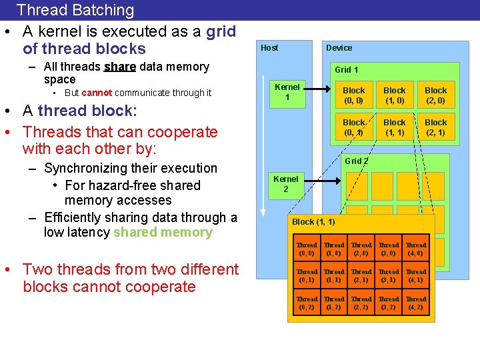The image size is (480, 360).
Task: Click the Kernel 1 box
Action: point(287,92)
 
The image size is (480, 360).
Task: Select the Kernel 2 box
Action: point(286,184)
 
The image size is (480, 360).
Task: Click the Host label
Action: point(269,48)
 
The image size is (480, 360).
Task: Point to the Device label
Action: point(339,48)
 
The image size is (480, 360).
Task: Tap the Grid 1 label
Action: point(347,70)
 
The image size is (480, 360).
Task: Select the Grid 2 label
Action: point(357,161)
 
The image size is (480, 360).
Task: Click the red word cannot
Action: point(97,93)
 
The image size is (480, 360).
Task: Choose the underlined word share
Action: point(120,67)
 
